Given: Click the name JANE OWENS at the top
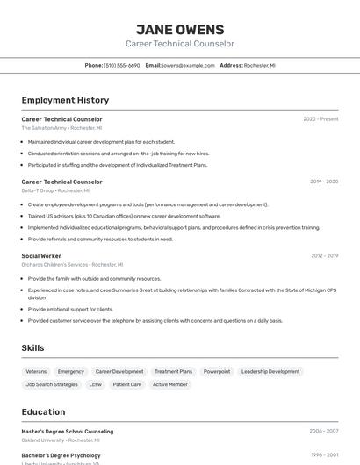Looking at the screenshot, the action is point(180,29).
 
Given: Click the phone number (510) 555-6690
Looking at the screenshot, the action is point(122,65).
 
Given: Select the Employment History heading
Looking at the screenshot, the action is point(65,100).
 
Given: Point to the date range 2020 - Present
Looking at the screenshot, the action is point(320,119).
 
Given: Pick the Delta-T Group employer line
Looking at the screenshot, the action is point(55,190).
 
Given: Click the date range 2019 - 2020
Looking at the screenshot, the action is point(323,182).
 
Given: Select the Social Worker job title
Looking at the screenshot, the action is point(41,255).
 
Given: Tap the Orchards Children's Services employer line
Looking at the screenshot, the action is point(72,264).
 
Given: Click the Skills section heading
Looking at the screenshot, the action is point(32,348).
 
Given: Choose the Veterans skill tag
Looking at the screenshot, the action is point(36,371).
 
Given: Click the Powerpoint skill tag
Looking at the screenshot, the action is point(217,371).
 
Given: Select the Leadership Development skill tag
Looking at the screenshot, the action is point(270,371).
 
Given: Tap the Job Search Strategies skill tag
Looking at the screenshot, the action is point(52,384).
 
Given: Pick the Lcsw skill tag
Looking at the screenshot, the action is point(96,384).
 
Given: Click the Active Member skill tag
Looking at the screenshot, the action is point(170,384).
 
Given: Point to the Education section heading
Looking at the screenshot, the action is point(43,411).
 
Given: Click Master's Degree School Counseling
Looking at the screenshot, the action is point(68,431).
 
